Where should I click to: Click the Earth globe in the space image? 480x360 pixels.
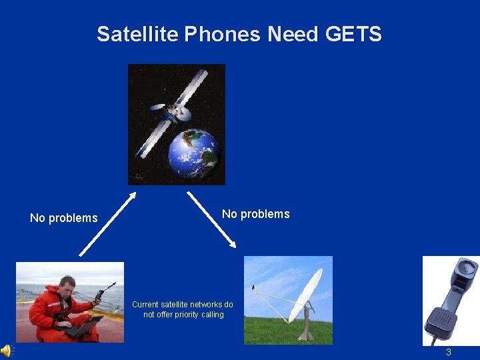pos(193,153)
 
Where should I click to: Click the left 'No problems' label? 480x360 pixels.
pos(64,218)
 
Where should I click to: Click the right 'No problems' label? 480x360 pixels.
pos(256,214)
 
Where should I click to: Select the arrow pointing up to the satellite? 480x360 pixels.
pos(107,224)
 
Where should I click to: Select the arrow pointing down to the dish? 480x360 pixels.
pos(211,219)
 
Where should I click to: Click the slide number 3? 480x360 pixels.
pos(449,352)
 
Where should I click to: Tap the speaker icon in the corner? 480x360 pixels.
pos(6,351)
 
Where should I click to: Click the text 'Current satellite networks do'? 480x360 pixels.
pos(183,304)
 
